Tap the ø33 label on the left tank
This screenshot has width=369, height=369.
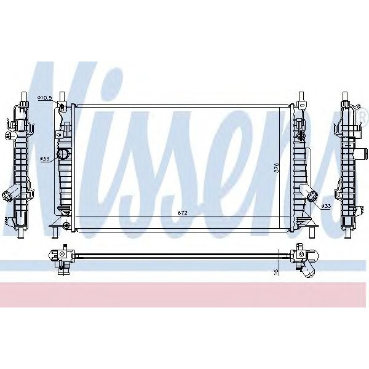point(45,159)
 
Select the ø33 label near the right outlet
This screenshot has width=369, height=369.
point(327,206)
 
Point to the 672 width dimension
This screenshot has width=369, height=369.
point(182,213)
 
